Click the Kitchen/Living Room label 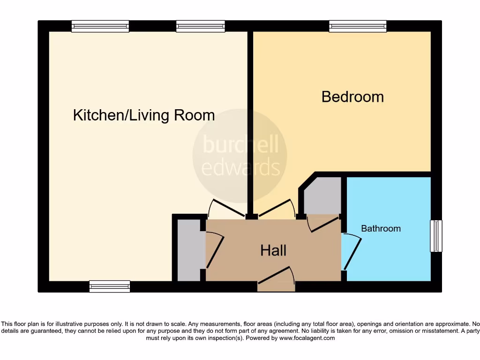[144, 115]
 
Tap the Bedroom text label [352, 97]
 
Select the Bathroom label [381, 229]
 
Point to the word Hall [273, 250]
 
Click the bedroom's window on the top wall [358, 26]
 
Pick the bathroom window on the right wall [436, 236]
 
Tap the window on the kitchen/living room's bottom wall [110, 286]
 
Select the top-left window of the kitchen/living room [100, 26]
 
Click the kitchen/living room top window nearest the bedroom [200, 26]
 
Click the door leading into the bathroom [352, 253]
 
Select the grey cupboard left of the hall [188, 250]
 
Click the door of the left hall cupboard [214, 251]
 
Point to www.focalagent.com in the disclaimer [307, 338]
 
